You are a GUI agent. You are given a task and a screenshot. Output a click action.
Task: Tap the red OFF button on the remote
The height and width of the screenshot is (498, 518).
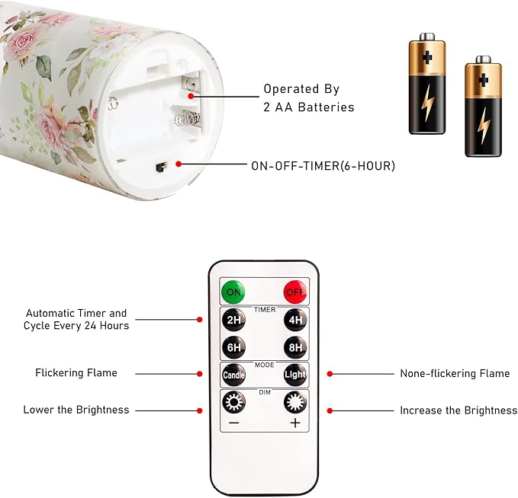pos(295,292)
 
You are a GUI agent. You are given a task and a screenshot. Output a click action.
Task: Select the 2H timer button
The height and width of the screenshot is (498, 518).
pos(233,320)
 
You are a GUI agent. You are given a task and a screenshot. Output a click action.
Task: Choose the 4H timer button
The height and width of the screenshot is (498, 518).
pos(295,320)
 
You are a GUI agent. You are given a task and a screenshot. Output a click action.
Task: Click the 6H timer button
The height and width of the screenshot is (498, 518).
pos(233,347)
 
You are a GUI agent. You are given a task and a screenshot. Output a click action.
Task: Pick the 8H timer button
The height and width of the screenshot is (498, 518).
pos(295,347)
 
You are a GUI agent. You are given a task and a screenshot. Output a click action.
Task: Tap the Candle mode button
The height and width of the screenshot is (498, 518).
pos(233,375)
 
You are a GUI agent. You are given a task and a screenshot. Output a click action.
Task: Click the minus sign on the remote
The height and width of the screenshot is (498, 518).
pos(233,423)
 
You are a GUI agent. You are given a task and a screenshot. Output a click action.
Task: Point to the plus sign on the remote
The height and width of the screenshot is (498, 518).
pos(295,423)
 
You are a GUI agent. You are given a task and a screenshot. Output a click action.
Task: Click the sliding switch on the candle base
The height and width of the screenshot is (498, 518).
pos(160,168)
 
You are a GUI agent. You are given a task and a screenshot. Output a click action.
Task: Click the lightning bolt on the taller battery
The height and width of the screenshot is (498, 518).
pos(427,103)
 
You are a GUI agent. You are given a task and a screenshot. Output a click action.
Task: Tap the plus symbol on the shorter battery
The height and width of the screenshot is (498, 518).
pos(484,80)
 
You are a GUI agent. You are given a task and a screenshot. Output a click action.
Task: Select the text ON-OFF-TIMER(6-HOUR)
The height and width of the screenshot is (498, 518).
pos(323,165)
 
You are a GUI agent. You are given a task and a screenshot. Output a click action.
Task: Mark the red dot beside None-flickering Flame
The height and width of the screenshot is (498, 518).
pos(330,374)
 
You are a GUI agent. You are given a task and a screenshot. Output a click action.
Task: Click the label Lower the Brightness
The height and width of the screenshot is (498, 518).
pos(76,410)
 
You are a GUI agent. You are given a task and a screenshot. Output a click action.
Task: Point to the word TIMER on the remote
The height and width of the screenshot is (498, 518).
pos(265,310)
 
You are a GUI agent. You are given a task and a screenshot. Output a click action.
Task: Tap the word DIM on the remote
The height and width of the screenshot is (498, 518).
pos(265,392)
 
